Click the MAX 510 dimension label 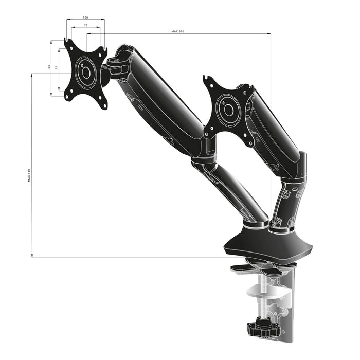pyautogui.click(x=177, y=32)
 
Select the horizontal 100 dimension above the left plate pyautogui.click(x=85, y=17)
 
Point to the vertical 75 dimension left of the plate pyautogui.click(x=56, y=67)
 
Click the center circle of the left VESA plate pyautogui.click(x=86, y=73)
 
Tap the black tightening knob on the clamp pyautogui.click(x=263, y=328)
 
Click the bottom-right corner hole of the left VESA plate pyautogui.click(x=105, y=106)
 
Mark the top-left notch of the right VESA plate pyautogui.click(x=207, y=79)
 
